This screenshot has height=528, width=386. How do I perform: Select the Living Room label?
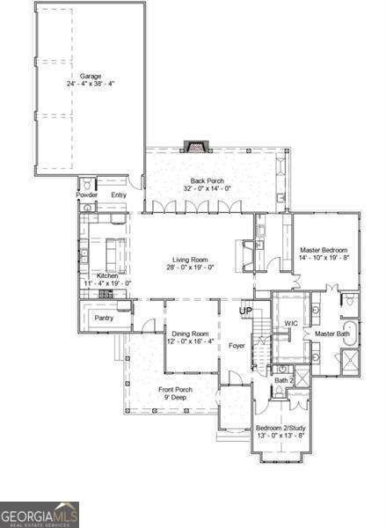191,259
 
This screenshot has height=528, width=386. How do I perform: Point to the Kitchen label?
107,276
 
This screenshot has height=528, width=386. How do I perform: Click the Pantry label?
105,317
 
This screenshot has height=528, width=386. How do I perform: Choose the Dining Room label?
191,334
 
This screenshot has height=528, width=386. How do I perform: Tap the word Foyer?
237,346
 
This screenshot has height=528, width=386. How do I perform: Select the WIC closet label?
291,323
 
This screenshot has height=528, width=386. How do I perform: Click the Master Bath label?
332,334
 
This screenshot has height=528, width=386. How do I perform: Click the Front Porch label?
175,389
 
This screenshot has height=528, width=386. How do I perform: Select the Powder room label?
87,194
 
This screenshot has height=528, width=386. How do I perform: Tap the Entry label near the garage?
119,194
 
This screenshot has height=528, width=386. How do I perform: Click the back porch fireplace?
193,146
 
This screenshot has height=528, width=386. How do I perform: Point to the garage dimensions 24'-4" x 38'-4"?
91,84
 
